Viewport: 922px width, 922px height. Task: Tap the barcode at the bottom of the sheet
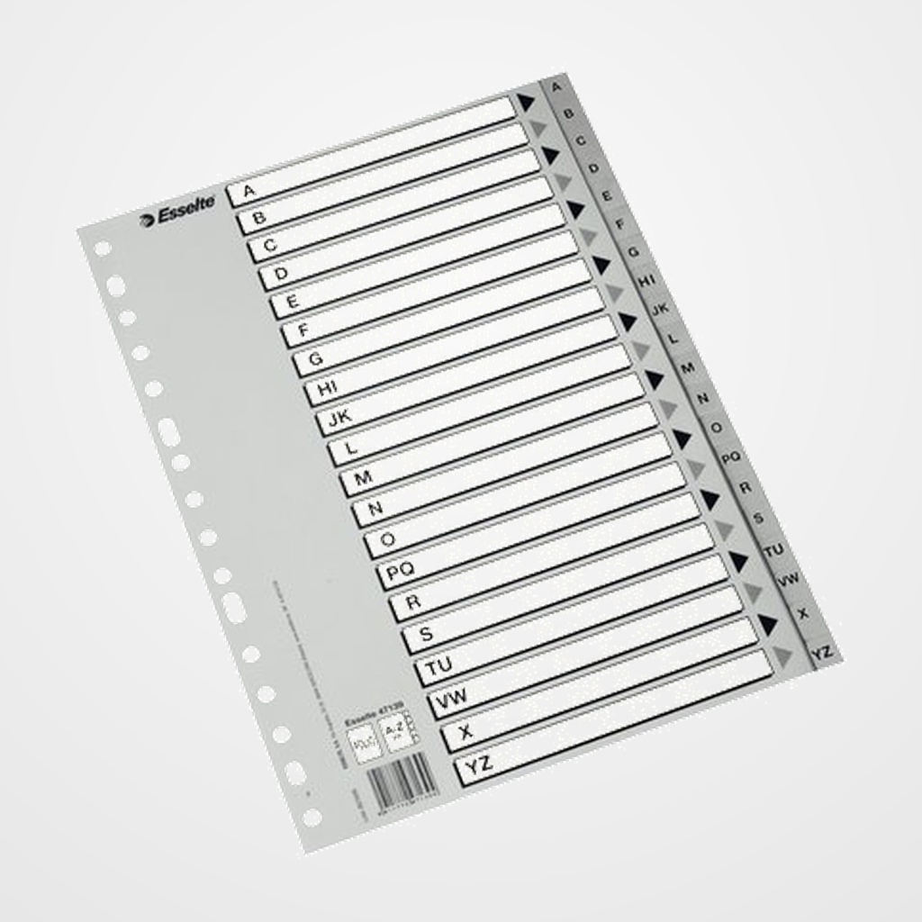click(x=402, y=777)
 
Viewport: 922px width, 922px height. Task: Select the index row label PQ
click(x=399, y=571)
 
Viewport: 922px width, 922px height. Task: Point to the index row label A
click(x=250, y=190)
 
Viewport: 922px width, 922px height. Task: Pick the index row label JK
click(x=339, y=417)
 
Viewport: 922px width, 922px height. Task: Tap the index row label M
click(x=363, y=478)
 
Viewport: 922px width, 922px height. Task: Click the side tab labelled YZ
click(x=821, y=651)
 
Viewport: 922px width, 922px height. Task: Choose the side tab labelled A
click(x=556, y=87)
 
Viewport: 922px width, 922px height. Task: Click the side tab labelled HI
click(x=646, y=281)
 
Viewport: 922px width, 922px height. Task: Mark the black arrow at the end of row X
click(x=768, y=623)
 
